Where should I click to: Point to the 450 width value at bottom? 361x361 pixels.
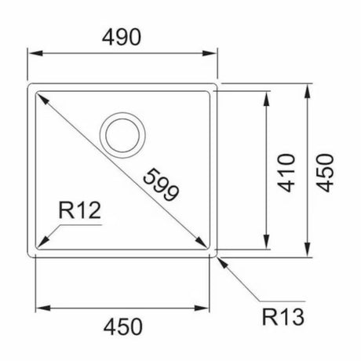[x=124, y=324]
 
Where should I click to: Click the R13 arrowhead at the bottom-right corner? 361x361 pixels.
[x=220, y=258]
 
